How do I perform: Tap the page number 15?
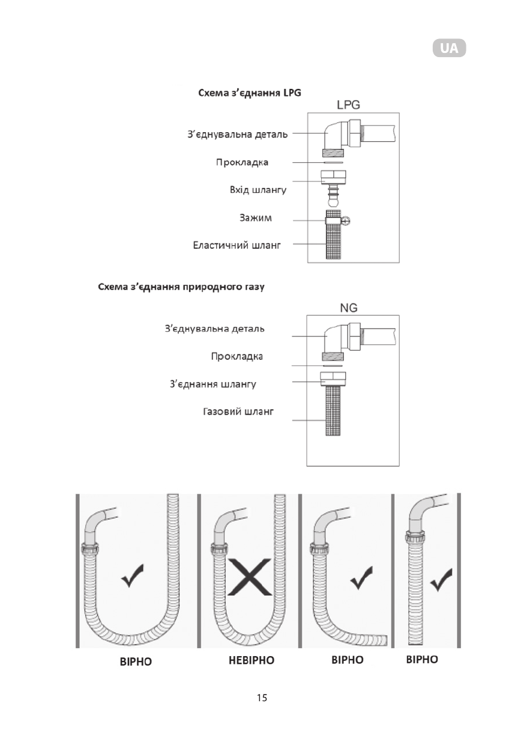click(x=262, y=698)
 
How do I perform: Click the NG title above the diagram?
click(x=348, y=307)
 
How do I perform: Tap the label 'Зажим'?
click(x=256, y=217)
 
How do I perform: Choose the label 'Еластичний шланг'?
click(x=237, y=245)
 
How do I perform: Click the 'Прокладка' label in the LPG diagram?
click(x=242, y=162)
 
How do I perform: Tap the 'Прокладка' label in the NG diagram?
click(x=237, y=356)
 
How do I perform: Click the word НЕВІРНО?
click(x=251, y=660)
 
